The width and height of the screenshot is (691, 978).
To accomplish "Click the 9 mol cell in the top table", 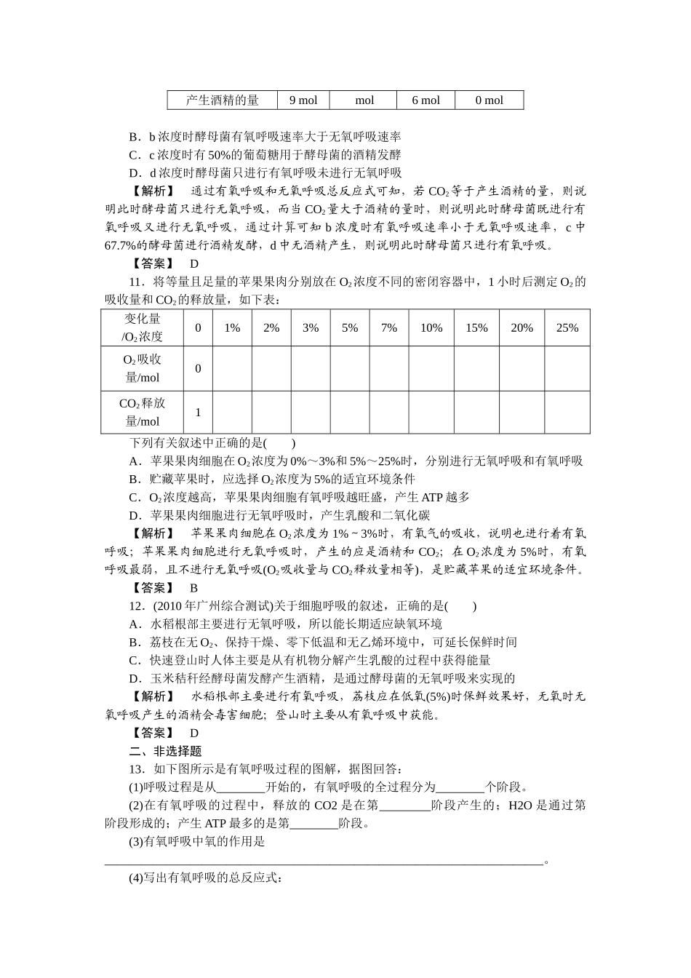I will pyautogui.click(x=303, y=100).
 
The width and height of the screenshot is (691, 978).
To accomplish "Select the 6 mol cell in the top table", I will pyautogui.click(x=426, y=100).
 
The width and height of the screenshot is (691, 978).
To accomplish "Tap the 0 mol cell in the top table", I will pyautogui.click(x=489, y=100).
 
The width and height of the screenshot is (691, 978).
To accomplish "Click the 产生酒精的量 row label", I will pyautogui.click(x=222, y=100).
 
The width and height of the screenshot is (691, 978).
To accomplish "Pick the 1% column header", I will pyautogui.click(x=232, y=328).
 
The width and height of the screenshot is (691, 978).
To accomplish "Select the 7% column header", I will pyautogui.click(x=389, y=328).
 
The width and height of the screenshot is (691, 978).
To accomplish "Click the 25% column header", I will pyautogui.click(x=567, y=328).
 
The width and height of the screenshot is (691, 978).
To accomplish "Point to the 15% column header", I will pyautogui.click(x=476, y=328).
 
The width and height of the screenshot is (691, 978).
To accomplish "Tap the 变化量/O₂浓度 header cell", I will pyautogui.click(x=142, y=327).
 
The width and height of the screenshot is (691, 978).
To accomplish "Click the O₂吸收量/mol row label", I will pyautogui.click(x=142, y=368).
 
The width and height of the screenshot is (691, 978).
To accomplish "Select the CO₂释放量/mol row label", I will pyautogui.click(x=142, y=412).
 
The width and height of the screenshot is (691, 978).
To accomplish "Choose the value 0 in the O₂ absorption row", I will pyautogui.click(x=198, y=369).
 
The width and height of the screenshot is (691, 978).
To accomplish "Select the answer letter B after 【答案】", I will pyautogui.click(x=194, y=588).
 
